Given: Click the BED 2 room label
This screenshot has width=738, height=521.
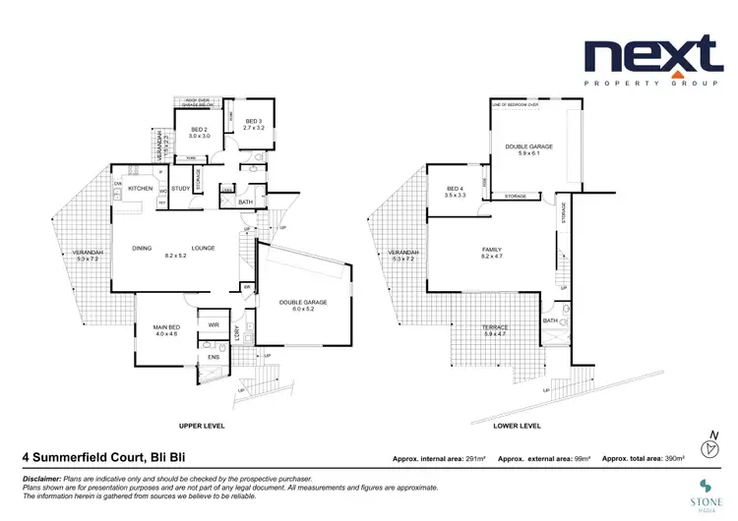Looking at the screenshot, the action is [197, 129].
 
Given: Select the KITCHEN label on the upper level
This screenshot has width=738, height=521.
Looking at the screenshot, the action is [140, 188].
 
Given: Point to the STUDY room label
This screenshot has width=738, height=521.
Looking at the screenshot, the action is [180, 188].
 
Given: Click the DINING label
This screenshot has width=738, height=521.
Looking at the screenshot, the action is [143, 248].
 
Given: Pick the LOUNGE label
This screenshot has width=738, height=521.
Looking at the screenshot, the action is [204, 248].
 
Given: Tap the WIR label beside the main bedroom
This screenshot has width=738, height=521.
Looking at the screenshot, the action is [213, 323].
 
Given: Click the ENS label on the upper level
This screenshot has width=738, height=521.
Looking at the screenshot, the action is [213, 357].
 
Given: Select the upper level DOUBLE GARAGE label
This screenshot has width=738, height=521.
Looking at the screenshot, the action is [303, 302].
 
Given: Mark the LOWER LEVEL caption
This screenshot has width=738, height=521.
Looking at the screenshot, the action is [517, 426].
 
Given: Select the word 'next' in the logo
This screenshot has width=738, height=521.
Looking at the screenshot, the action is [651, 55].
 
